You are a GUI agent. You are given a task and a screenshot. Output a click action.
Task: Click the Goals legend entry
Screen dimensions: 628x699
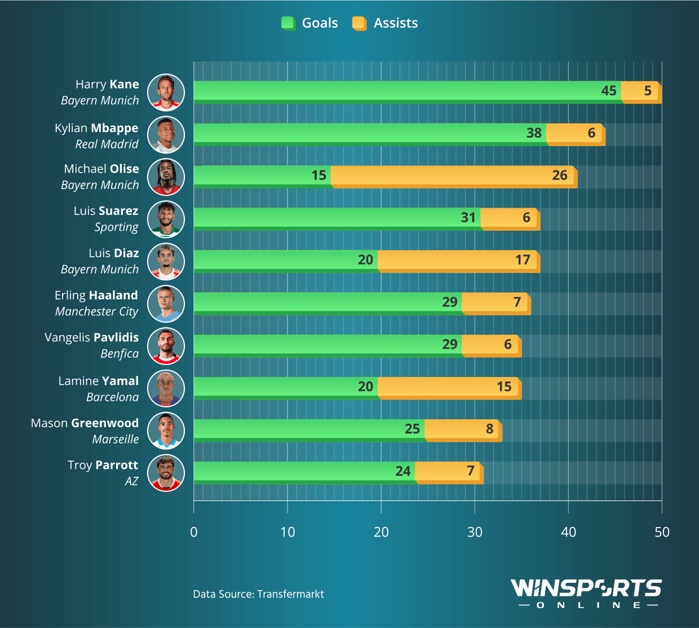click(310, 23)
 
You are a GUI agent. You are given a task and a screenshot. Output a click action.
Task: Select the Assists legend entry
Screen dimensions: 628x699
click(386, 23)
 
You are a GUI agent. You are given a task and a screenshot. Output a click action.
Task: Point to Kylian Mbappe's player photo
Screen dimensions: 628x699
click(166, 135)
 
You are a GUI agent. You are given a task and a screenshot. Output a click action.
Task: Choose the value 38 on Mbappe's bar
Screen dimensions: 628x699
click(533, 133)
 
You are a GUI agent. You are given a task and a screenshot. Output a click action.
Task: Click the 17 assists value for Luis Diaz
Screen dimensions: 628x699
click(523, 260)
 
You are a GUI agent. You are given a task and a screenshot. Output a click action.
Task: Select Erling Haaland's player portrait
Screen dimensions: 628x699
click(166, 304)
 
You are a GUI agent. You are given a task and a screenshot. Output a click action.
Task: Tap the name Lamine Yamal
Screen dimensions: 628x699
click(99, 381)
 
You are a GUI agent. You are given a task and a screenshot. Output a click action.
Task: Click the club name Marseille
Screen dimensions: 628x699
click(116, 440)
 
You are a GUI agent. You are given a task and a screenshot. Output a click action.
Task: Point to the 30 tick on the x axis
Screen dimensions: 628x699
click(475, 532)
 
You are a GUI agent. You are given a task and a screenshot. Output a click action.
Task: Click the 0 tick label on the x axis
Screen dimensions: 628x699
click(194, 532)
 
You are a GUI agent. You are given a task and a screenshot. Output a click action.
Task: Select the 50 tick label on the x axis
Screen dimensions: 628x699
click(662, 532)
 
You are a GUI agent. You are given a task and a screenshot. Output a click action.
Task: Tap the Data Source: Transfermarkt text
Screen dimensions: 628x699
click(258, 594)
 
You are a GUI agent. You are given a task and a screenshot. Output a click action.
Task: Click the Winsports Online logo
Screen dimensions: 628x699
click(586, 593)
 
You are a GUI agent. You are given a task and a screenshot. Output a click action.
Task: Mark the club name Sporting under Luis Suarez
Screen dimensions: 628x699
click(116, 227)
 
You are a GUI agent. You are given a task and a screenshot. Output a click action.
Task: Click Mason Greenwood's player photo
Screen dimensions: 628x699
click(166, 431)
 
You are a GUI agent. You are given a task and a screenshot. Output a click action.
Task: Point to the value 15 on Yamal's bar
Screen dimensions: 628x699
click(504, 387)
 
